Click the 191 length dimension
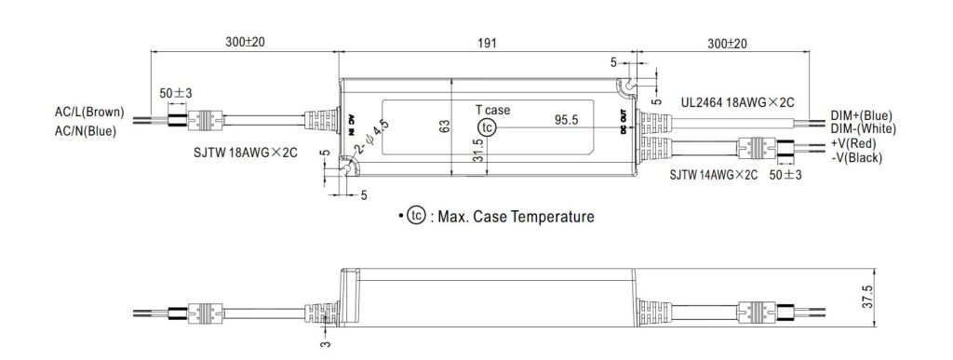[487, 43]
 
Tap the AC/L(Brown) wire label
[89, 113]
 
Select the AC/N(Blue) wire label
[85, 130]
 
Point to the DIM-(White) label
[864, 128]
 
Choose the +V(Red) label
[854, 144]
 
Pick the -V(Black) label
[856, 158]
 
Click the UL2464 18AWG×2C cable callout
[737, 102]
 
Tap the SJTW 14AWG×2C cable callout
[714, 176]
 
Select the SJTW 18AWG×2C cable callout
[246, 153]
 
